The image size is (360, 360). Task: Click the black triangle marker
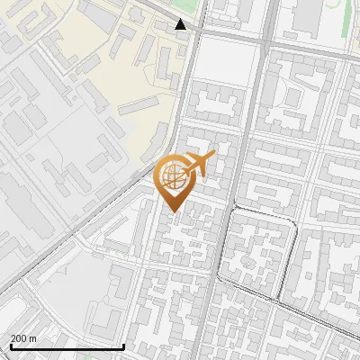(x=181, y=24)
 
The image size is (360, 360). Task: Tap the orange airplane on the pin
(x=199, y=165)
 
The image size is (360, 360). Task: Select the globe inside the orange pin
(x=174, y=176)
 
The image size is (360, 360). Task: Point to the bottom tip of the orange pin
(x=174, y=211)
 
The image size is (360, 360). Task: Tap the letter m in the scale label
(x=32, y=338)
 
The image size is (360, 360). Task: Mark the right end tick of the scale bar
(x=123, y=345)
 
